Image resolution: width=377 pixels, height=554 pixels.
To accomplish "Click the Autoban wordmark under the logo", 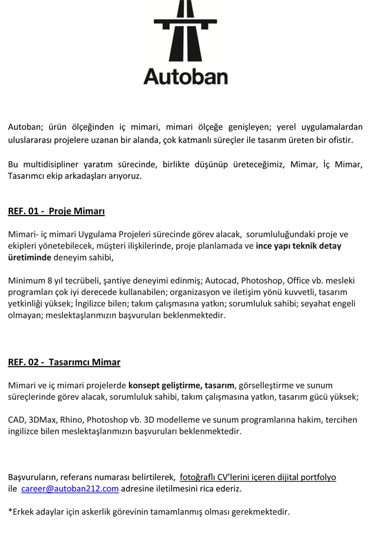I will pyautogui.click(x=185, y=77).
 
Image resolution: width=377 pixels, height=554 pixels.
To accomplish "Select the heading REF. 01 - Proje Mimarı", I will pyautogui.click(x=56, y=211).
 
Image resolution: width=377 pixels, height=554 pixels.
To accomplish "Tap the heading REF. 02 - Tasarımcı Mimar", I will pyautogui.click(x=64, y=362).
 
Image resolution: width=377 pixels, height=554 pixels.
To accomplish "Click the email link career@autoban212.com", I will pyautogui.click(x=70, y=489).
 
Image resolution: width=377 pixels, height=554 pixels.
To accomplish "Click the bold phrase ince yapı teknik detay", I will pyautogui.click(x=299, y=246).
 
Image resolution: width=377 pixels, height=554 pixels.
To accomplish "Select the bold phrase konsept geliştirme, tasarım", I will pyautogui.click(x=181, y=386).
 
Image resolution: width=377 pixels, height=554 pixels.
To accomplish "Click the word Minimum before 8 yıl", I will pyautogui.click(x=27, y=280).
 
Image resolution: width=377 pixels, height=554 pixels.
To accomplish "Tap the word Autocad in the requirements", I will pyautogui.click(x=222, y=280).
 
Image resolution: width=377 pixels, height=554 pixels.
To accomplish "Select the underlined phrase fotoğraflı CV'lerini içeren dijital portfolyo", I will pyautogui.click(x=257, y=477).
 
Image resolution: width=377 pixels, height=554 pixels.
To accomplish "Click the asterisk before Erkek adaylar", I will pyautogui.click(x=10, y=511).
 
